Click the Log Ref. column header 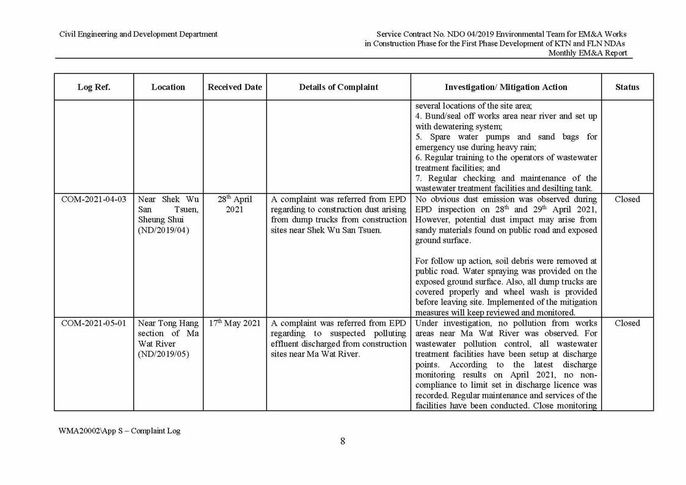93,87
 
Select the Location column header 168,87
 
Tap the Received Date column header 235,87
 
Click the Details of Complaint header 338,87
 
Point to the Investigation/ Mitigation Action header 506,87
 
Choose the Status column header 627,87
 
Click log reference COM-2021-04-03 93,199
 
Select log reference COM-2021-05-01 93,323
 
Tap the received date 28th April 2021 235,204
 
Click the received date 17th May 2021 235,323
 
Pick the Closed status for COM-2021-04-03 627,199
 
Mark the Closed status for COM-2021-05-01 627,323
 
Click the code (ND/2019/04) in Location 164,230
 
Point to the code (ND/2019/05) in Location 164,354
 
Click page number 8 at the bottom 343,441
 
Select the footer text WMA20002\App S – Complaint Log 120,431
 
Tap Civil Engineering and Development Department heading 138,34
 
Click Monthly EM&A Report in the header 587,53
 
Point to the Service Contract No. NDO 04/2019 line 501,34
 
